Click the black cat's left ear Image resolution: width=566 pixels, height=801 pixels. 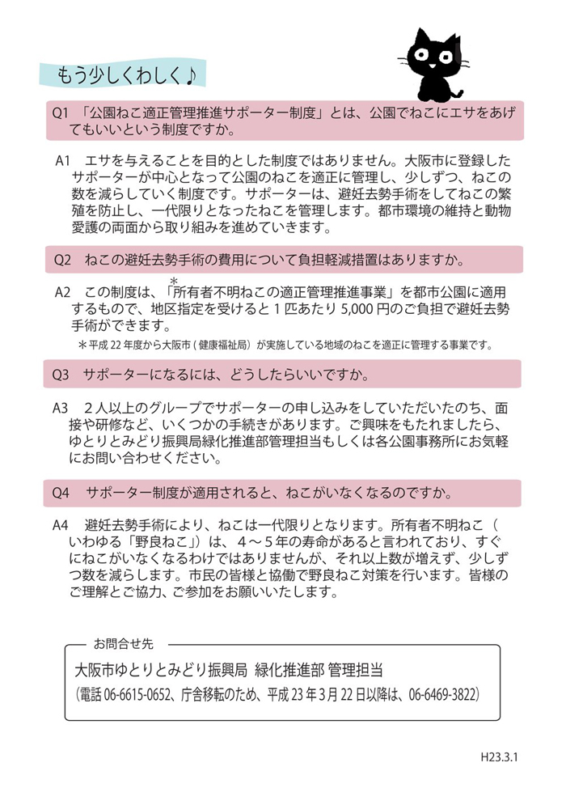click(420, 37)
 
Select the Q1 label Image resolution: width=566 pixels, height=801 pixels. click(62, 114)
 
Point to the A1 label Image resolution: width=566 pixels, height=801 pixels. click(65, 161)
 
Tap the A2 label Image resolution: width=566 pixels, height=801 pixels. click(65, 291)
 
